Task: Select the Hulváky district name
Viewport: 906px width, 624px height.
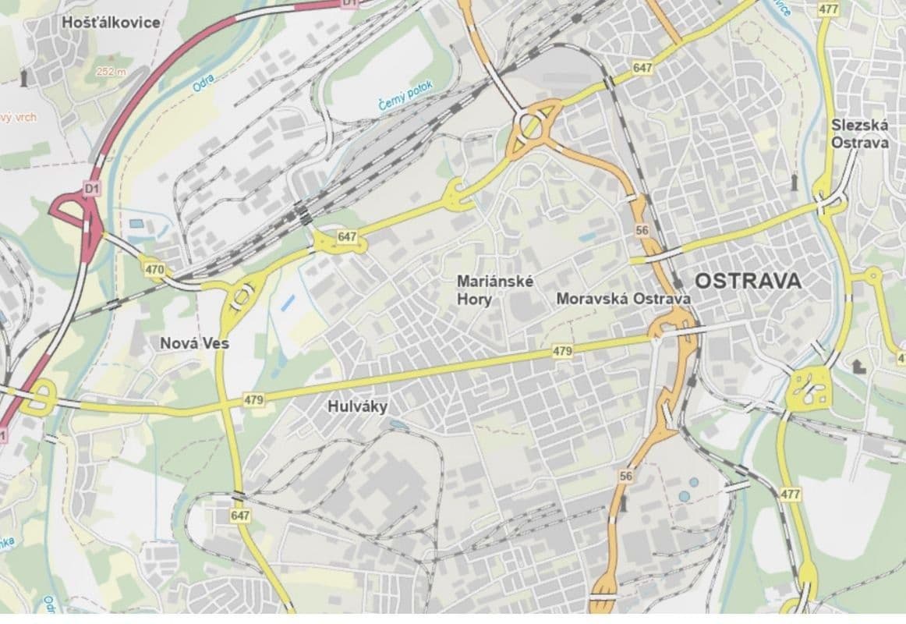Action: click(x=359, y=406)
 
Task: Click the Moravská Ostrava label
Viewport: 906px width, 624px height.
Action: click(x=623, y=299)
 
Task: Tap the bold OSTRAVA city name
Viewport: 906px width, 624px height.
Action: click(x=747, y=281)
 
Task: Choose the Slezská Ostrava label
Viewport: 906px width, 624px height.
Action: click(x=859, y=133)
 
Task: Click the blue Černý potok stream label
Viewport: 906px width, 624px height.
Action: click(x=405, y=95)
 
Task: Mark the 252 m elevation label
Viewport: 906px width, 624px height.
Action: click(x=111, y=71)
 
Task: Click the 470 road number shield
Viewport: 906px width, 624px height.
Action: click(x=154, y=270)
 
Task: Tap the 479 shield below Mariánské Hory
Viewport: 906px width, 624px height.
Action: click(x=562, y=352)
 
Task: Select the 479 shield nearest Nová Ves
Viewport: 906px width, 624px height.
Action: click(x=253, y=400)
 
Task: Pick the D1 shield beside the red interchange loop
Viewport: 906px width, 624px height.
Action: click(x=93, y=188)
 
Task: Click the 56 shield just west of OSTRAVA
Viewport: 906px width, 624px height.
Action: click(x=642, y=230)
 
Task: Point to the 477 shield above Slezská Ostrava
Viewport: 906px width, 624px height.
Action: click(x=828, y=8)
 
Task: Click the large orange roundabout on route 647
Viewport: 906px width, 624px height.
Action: click(x=533, y=126)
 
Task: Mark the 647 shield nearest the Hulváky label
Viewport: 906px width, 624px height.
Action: click(x=241, y=516)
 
